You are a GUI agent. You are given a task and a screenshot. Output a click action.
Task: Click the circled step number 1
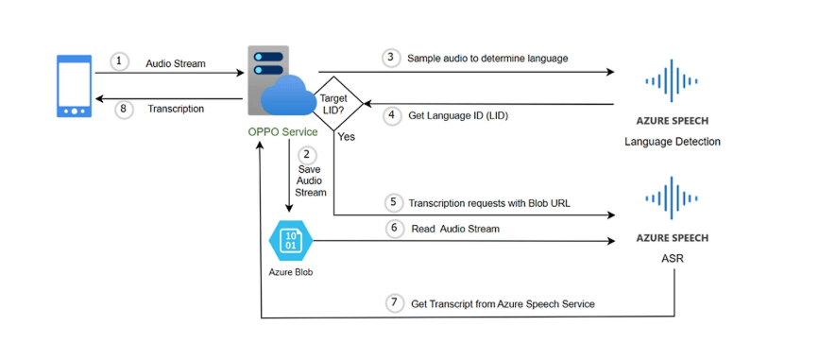pos(119,61)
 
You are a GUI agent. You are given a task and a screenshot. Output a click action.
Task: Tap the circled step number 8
pos(124,110)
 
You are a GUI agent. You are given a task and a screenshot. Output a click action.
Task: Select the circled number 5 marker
pos(394,202)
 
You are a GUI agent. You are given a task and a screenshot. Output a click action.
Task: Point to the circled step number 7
pos(394,303)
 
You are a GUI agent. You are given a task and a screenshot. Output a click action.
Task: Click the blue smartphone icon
pos(74,86)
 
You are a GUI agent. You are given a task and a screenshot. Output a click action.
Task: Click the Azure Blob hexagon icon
pos(291,241)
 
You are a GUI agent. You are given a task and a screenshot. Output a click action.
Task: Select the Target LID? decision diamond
pos(333,103)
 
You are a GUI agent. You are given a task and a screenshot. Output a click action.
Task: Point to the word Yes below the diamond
pos(347,137)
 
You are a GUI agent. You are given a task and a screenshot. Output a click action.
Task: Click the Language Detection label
pos(673,142)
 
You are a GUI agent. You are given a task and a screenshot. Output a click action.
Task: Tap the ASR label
pos(673,259)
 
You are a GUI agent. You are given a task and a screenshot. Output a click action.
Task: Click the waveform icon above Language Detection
pos(672,81)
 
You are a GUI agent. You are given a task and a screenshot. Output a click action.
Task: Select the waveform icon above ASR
pos(672,197)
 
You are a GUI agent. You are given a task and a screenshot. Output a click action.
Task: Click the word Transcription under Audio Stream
pos(176,110)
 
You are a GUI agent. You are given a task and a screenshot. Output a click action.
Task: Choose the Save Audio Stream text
pos(310,181)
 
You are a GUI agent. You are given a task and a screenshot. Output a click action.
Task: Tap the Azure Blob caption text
pos(291,272)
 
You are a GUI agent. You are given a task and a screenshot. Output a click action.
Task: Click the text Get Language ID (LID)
pos(458,115)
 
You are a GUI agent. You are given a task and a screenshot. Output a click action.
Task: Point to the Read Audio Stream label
pos(455,229)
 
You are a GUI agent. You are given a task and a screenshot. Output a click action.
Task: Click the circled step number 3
pos(391,59)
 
